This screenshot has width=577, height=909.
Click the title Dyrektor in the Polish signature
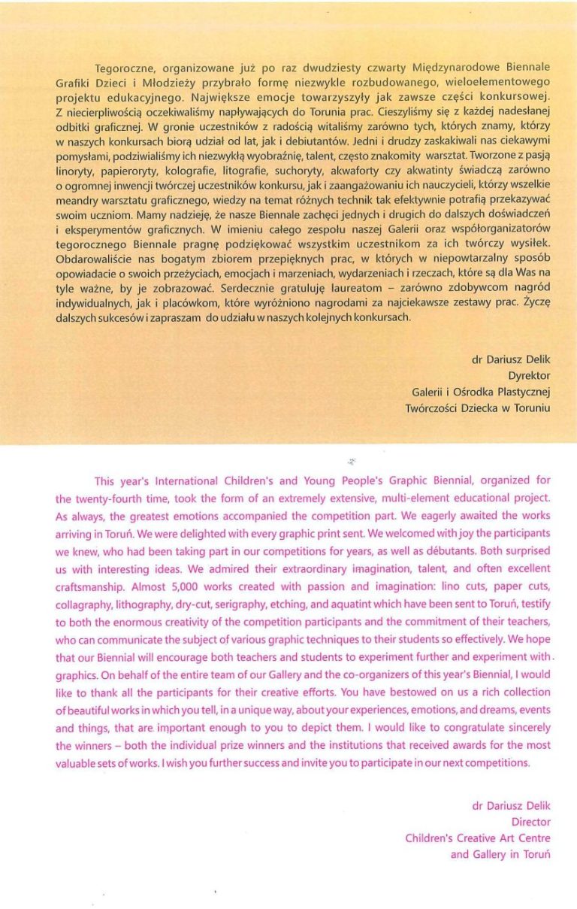529,375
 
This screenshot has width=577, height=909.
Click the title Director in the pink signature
530,822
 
